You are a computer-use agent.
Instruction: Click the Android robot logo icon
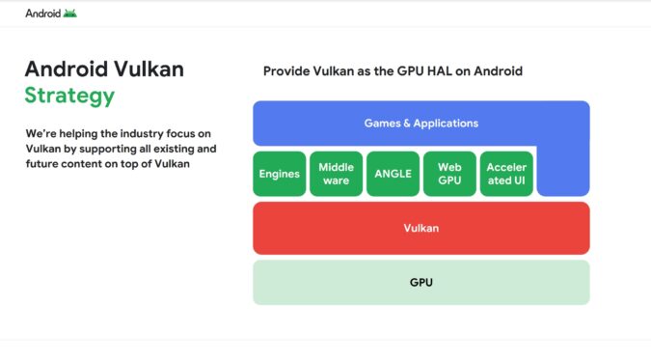(70, 14)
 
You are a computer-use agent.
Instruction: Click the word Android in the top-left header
(41, 14)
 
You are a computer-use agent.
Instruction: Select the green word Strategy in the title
(69, 96)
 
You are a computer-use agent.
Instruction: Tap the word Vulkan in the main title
(150, 69)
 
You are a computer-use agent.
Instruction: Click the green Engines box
(279, 174)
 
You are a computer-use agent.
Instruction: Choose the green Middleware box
(336, 174)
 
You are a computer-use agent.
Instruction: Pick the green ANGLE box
(393, 174)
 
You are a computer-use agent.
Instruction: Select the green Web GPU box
(449, 174)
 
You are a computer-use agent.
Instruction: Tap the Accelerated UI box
(506, 174)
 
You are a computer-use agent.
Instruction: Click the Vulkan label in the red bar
(420, 229)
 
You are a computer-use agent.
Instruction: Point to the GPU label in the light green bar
(420, 283)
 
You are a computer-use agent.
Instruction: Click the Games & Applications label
(420, 124)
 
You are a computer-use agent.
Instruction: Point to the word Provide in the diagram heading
(287, 71)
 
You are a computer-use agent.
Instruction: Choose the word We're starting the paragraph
(41, 132)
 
